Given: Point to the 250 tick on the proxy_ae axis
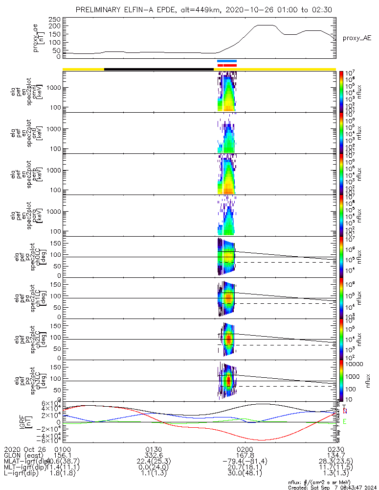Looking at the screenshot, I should pyautogui.click(x=54, y=19).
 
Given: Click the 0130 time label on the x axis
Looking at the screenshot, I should pyautogui.click(x=154, y=449).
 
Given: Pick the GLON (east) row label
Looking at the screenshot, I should pyautogui.click(x=24, y=455).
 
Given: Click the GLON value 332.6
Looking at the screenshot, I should pyautogui.click(x=154, y=455).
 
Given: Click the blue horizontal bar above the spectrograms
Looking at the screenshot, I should pyautogui.click(x=227, y=61).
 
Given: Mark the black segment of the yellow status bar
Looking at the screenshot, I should pyautogui.click(x=159, y=69).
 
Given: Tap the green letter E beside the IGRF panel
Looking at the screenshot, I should pyautogui.click(x=345, y=421).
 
